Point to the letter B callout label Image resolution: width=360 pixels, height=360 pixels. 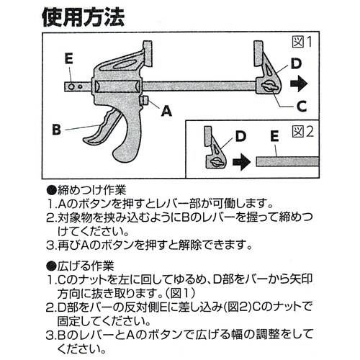(x=56, y=130)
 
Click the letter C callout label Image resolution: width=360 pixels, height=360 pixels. (x=301, y=106)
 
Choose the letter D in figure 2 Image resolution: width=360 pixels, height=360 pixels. (x=240, y=135)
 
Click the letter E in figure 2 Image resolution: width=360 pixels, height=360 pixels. (x=274, y=135)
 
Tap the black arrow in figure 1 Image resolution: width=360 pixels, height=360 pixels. (x=300, y=84)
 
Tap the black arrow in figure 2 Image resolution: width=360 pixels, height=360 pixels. (x=241, y=161)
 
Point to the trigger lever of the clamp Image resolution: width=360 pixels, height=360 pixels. (x=105, y=133)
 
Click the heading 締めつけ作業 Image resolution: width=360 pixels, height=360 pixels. (x=91, y=190)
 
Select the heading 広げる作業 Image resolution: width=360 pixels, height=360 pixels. (x=85, y=265)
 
